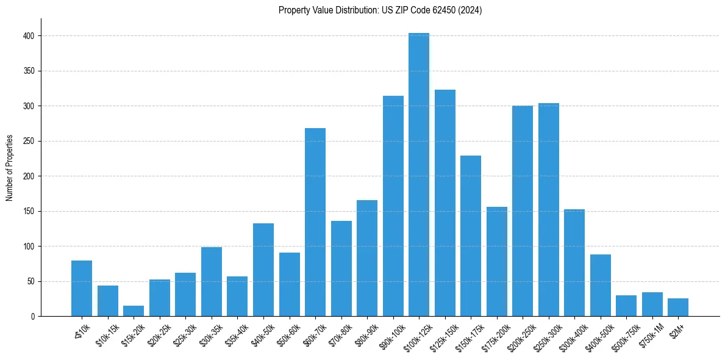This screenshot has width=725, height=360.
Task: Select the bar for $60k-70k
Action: (x=315, y=222)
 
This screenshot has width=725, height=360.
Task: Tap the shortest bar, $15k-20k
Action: (x=134, y=311)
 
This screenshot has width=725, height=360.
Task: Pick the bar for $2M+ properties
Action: (x=678, y=308)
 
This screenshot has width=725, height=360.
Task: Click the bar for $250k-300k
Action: (x=549, y=210)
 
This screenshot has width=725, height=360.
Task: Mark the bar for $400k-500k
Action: (x=601, y=286)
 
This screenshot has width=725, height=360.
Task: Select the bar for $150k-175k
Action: (x=471, y=236)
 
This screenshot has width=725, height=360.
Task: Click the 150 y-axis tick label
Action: (x=32, y=212)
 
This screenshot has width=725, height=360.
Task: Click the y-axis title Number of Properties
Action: (x=10, y=168)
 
